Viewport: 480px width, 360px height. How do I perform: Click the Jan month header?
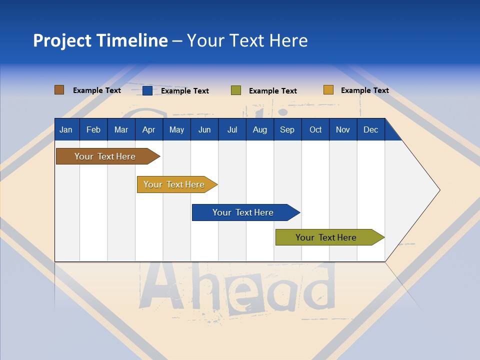(x=66, y=129)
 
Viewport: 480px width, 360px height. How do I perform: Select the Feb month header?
(x=93, y=129)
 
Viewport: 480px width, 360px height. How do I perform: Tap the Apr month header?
(x=148, y=129)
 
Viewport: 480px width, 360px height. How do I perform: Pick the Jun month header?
(x=204, y=129)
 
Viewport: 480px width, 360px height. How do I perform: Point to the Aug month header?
(x=259, y=129)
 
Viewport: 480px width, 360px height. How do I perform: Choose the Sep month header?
(x=287, y=129)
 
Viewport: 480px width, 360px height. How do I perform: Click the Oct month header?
(x=315, y=129)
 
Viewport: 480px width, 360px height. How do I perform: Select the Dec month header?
(x=370, y=129)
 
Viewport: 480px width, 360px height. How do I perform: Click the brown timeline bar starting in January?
(x=105, y=156)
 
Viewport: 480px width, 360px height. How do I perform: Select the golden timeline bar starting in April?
(x=174, y=184)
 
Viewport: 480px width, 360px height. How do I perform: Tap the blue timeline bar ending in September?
(x=243, y=212)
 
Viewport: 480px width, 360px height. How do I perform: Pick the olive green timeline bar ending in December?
(x=326, y=237)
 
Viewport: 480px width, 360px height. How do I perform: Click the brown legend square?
(x=59, y=90)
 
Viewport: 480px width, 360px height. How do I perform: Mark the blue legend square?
(x=147, y=90)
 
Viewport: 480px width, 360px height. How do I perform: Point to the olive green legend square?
(x=236, y=90)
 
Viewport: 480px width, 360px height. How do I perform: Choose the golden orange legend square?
(x=328, y=90)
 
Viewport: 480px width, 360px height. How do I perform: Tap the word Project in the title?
(x=62, y=40)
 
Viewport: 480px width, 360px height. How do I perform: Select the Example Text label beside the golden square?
(x=364, y=90)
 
